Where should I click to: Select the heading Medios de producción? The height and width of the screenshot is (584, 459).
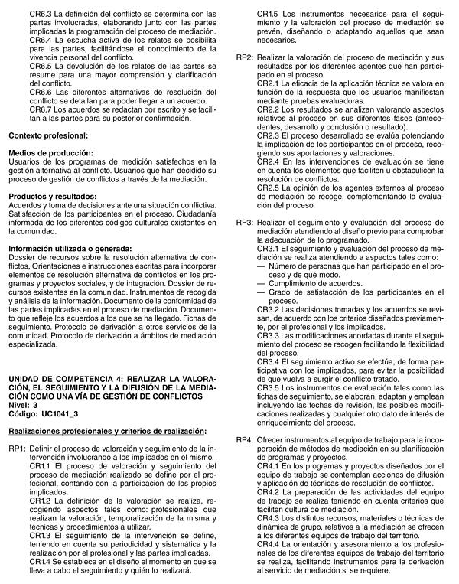50,153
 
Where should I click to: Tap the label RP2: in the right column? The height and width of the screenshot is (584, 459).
244,58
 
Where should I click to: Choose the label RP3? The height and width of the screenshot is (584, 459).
244,222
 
